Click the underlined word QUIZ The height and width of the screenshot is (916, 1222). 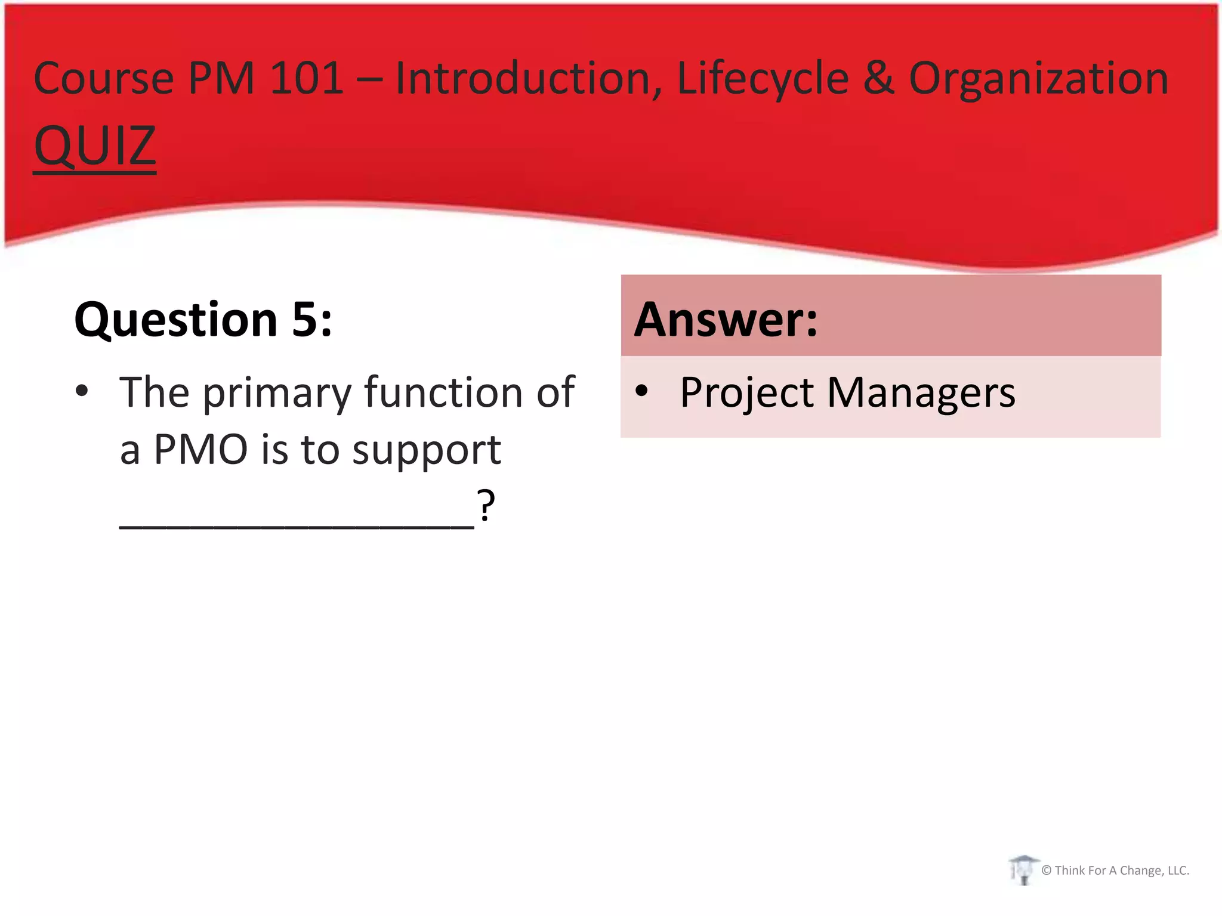coord(95,146)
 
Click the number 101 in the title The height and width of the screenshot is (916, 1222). coord(307,78)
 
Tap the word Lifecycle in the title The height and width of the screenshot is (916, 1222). coord(763,78)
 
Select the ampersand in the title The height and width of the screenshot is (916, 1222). coord(879,78)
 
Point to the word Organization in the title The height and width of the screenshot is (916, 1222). coord(1038,79)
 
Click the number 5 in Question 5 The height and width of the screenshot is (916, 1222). coord(305,320)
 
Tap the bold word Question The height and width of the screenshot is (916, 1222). coord(176,321)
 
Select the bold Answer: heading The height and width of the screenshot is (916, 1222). coord(726,320)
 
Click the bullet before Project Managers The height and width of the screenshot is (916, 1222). coord(641,391)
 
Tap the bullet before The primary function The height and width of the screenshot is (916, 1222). coord(82,391)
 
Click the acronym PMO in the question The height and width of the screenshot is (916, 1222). coord(200,449)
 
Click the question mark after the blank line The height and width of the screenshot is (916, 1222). coord(486,505)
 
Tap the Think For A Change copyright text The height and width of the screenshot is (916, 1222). coord(1115,871)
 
